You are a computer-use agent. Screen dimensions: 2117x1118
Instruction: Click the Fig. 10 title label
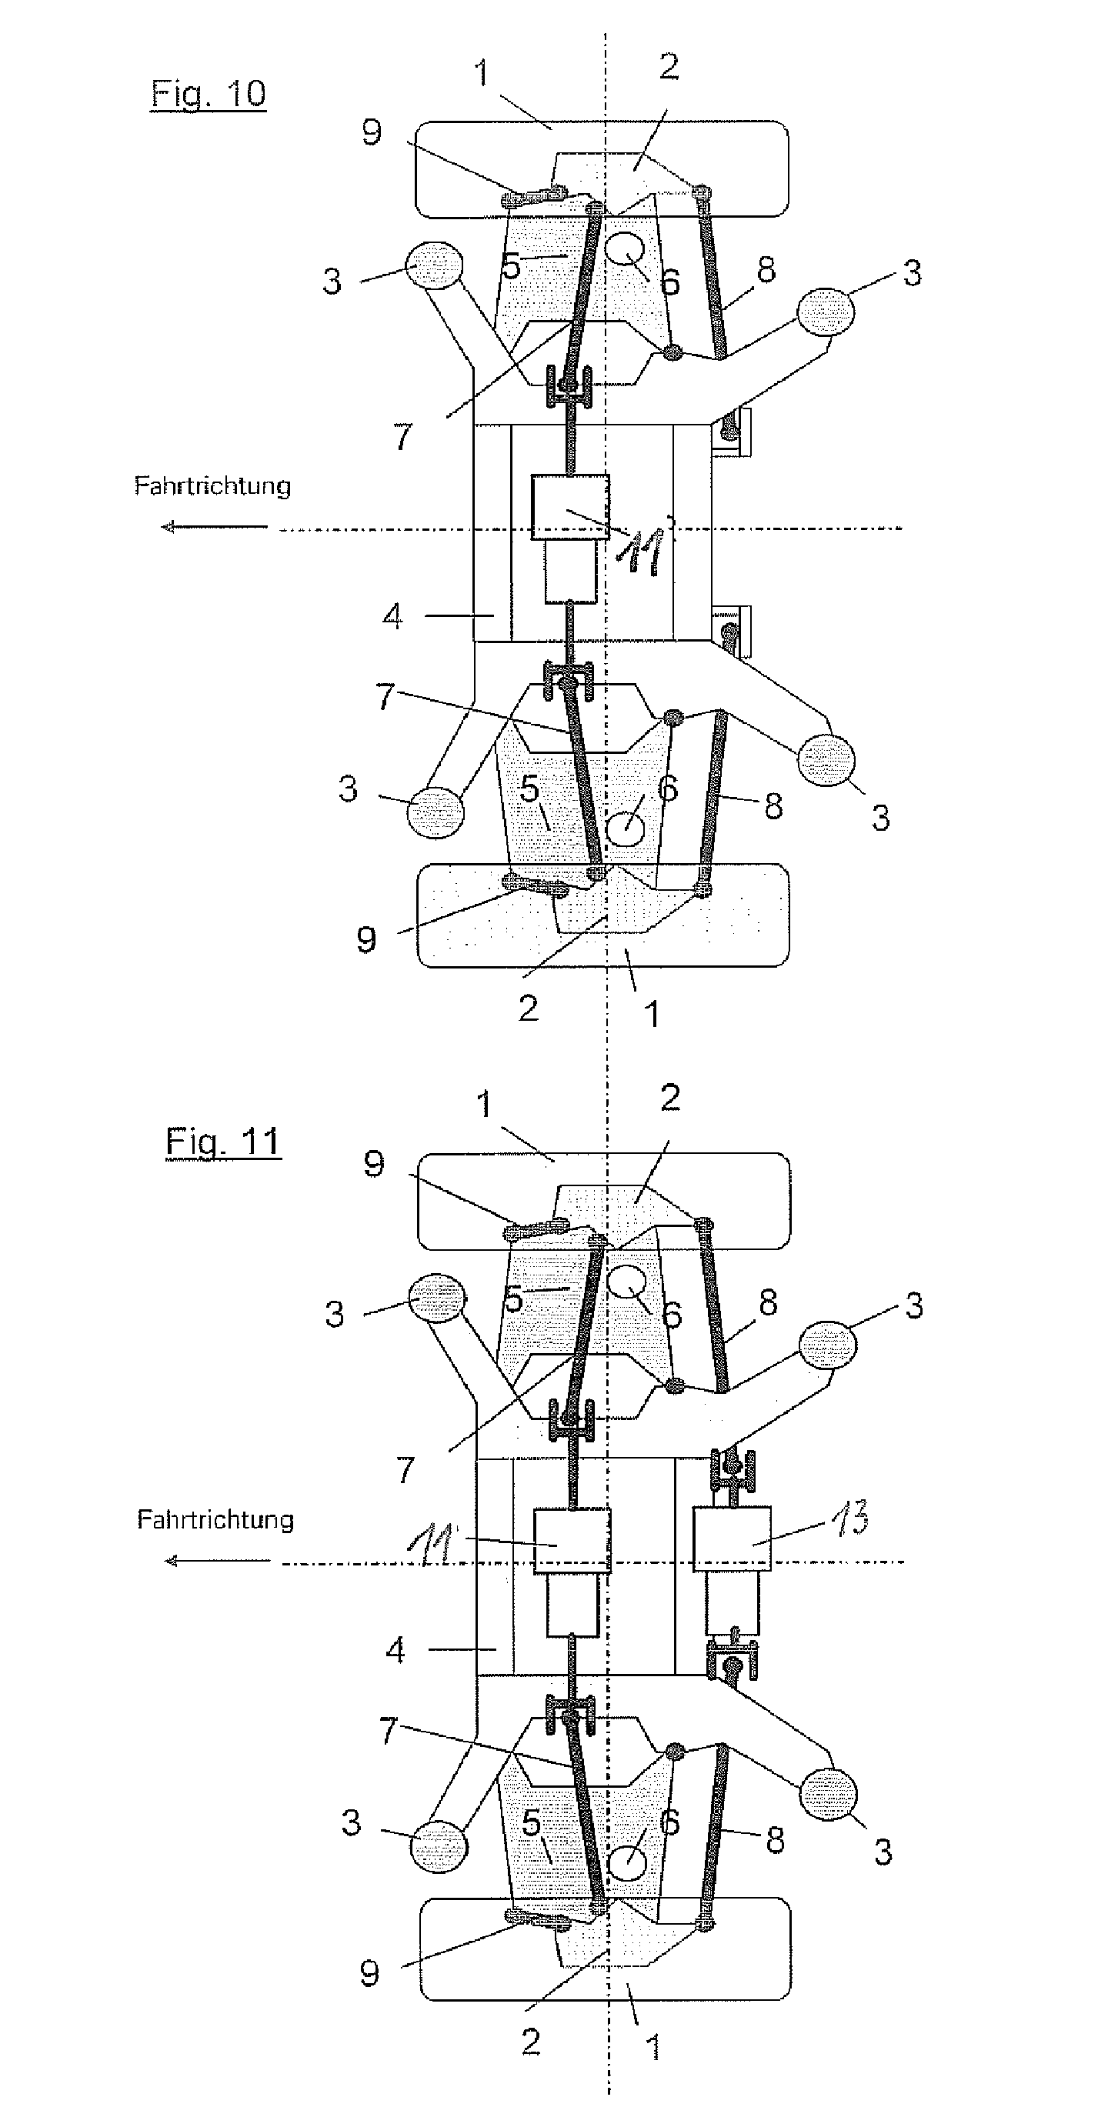(x=208, y=94)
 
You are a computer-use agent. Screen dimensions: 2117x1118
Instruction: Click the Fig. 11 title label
(x=223, y=1142)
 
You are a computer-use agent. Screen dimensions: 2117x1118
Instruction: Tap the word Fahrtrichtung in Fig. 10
(x=212, y=485)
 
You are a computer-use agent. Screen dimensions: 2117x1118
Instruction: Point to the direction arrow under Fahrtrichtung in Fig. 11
(x=217, y=1561)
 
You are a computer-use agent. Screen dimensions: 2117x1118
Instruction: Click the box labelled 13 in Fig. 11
(x=732, y=1539)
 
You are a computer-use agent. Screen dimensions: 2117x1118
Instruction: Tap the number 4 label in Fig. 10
(x=393, y=615)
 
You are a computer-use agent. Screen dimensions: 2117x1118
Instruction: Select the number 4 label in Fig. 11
(x=395, y=1649)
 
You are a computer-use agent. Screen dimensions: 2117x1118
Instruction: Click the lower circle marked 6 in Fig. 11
(x=626, y=1861)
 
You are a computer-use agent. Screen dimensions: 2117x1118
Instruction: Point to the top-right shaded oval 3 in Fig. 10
(x=826, y=312)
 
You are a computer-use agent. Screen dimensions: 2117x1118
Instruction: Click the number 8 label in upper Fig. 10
(x=766, y=269)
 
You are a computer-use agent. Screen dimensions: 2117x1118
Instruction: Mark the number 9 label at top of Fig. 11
(x=374, y=1165)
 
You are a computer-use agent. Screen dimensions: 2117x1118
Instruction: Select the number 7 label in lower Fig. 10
(x=385, y=696)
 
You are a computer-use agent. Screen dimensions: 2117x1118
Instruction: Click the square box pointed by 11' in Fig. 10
(x=570, y=507)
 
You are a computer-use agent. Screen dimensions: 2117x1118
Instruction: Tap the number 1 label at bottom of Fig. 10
(x=652, y=1014)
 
